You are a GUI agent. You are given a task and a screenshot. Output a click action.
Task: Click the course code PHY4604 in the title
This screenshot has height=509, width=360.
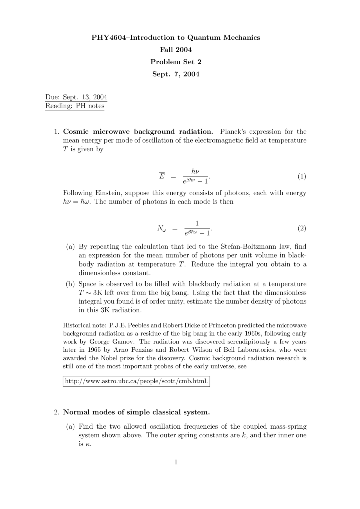109,38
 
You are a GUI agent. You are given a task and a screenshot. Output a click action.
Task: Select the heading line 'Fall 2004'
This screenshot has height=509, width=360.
176,50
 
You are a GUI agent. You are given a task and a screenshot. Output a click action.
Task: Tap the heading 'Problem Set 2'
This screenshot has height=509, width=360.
176,62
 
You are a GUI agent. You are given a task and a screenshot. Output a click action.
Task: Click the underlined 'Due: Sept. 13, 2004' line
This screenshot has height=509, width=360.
76,97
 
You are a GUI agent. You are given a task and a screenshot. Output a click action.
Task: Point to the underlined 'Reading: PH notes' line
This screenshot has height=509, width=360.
75,106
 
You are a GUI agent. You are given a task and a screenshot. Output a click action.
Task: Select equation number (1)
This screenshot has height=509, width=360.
302,176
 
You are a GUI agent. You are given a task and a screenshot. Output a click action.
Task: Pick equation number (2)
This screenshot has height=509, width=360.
302,228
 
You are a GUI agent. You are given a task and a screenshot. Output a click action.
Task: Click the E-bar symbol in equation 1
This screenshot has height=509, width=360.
162,176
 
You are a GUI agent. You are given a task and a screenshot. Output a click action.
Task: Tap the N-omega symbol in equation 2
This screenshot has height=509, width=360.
161,229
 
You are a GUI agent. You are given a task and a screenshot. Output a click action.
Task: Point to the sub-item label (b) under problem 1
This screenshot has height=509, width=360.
70,284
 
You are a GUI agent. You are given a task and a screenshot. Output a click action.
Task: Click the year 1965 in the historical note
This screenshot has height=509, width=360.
94,350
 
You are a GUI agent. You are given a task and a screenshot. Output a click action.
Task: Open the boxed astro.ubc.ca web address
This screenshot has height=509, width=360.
136,381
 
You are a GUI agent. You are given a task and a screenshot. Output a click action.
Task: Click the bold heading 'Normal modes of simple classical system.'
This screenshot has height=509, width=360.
136,412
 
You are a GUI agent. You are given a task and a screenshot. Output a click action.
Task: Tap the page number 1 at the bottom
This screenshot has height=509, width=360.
176,462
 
